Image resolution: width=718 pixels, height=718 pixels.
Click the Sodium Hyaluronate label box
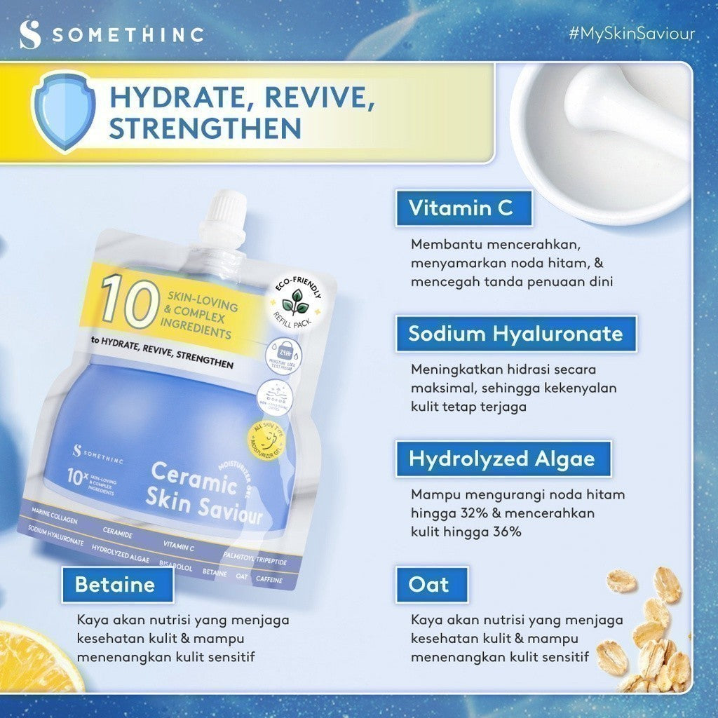pyautogui.click(x=515, y=334)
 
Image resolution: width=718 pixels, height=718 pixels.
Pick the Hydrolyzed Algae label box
pyautogui.click(x=502, y=459)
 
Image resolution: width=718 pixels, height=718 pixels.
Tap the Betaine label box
pyautogui.click(x=115, y=585)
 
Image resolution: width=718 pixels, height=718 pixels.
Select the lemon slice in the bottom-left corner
pyautogui.click(x=35, y=659)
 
